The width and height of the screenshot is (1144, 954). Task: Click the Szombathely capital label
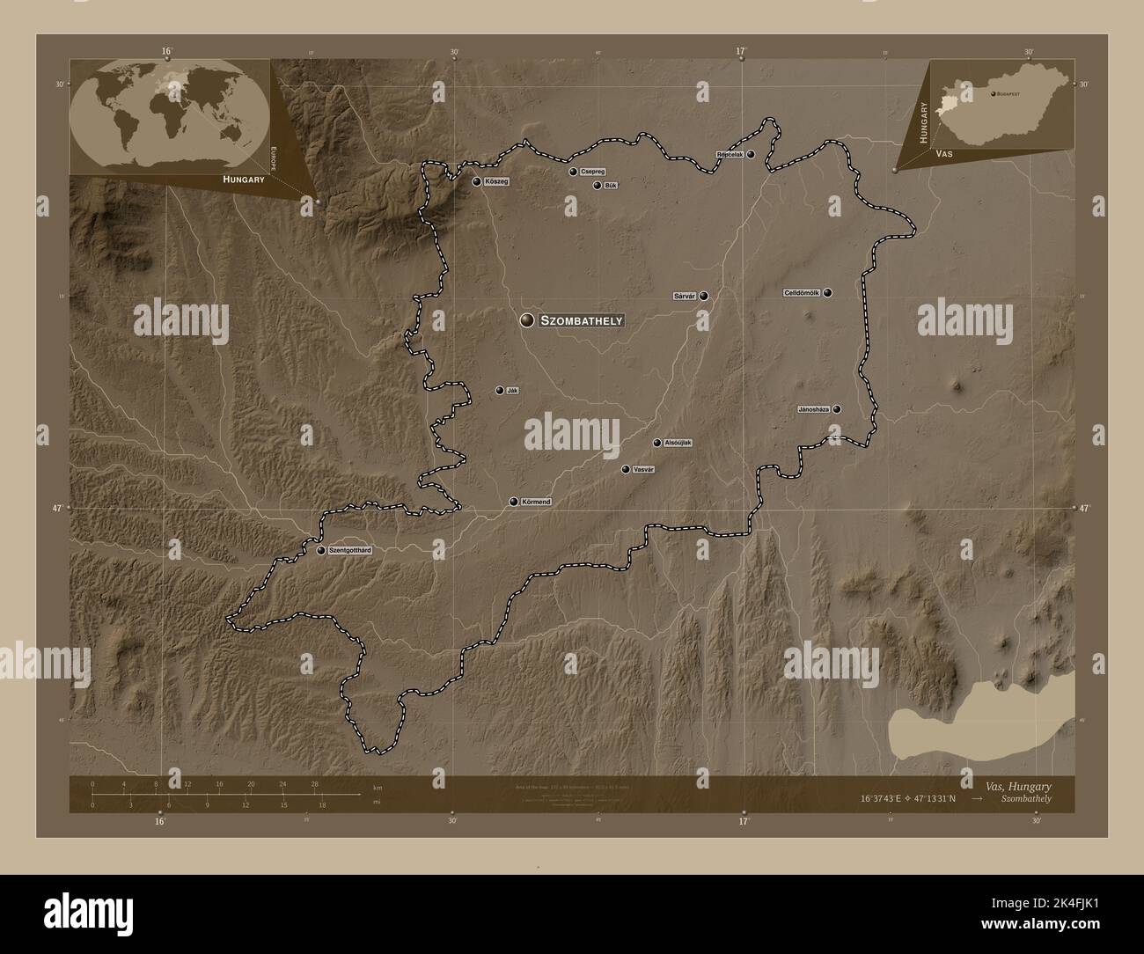[x=582, y=321]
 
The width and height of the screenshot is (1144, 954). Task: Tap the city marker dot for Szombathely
[x=527, y=321]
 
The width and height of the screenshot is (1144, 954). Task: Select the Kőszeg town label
[x=496, y=182]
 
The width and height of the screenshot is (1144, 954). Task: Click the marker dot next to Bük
[x=598, y=186]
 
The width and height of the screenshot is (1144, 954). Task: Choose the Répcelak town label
[x=730, y=155]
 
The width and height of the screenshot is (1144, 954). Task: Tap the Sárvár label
[x=685, y=297]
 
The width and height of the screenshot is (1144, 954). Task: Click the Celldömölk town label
[x=802, y=293]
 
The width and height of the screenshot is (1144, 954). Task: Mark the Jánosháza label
[x=813, y=409]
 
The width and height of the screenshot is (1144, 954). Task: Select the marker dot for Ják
[x=500, y=390]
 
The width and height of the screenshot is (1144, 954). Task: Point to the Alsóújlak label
[x=678, y=443]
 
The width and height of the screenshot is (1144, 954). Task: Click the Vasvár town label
[x=643, y=470]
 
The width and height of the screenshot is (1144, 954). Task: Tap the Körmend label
[x=536, y=502]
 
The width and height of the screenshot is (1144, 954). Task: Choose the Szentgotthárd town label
[x=350, y=551]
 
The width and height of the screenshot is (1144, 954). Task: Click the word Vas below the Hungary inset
[x=945, y=153]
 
